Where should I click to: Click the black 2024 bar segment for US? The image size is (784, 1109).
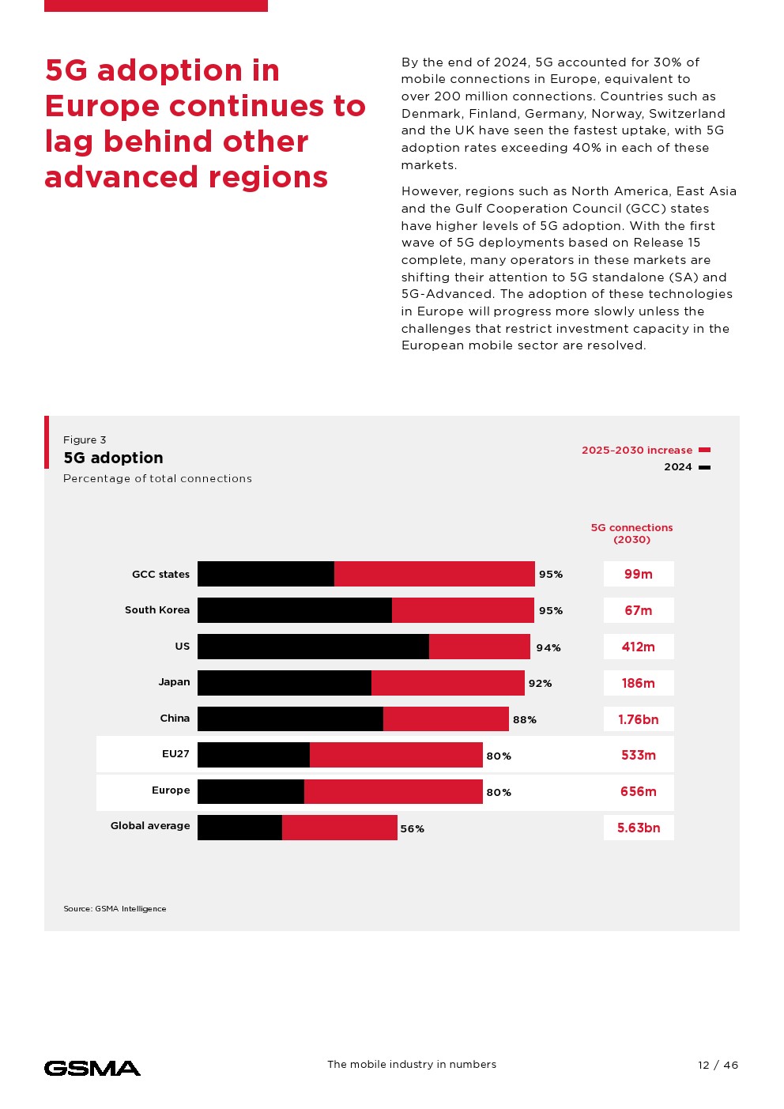click(313, 647)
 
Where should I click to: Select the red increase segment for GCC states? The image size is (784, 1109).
click(434, 574)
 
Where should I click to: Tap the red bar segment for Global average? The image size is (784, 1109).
click(339, 828)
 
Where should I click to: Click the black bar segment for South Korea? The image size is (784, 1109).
click(294, 610)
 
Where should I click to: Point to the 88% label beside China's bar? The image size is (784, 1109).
click(525, 719)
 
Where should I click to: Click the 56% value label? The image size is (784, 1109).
click(413, 828)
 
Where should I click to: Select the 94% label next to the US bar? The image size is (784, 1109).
click(548, 647)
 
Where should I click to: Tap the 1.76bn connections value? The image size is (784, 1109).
click(639, 719)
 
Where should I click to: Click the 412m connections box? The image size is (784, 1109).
click(639, 647)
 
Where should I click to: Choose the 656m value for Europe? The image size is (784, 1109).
click(639, 791)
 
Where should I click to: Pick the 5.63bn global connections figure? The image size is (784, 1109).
click(639, 828)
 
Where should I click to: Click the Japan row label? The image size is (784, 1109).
click(174, 681)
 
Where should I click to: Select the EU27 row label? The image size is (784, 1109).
click(175, 753)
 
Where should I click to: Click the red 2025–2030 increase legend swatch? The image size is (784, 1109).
click(705, 450)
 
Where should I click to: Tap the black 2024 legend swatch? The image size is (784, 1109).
click(705, 467)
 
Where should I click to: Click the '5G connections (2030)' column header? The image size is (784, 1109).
click(632, 534)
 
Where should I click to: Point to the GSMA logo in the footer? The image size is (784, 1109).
click(92, 1068)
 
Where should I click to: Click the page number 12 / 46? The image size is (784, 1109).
click(718, 1065)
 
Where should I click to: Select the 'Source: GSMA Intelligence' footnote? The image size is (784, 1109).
click(115, 909)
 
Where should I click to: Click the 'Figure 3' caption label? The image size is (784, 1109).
click(85, 439)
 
